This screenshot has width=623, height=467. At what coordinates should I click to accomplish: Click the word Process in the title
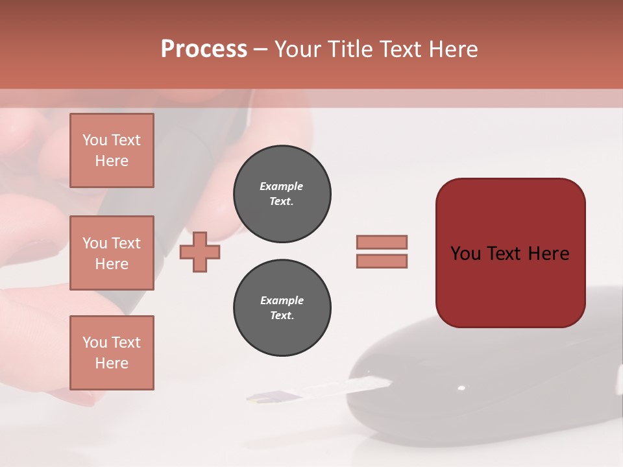tap(204, 49)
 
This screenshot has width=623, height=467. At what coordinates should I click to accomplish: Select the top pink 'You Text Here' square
tap(112, 150)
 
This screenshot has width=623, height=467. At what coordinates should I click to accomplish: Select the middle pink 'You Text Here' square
tap(112, 253)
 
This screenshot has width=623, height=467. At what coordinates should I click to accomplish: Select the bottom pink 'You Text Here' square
tap(112, 353)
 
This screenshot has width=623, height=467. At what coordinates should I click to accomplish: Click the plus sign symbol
tap(200, 251)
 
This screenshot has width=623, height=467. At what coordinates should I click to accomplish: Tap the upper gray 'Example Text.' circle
tap(282, 194)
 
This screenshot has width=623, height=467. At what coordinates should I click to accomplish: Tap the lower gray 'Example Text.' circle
tap(282, 308)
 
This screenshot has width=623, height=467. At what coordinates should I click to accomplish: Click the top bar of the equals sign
tap(382, 242)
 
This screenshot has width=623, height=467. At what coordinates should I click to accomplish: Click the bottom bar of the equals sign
tap(382, 261)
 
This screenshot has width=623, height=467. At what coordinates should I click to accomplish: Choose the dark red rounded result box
tap(510, 253)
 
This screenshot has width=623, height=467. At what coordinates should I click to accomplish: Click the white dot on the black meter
tap(461, 389)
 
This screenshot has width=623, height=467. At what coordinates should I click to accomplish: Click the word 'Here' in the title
tap(452, 49)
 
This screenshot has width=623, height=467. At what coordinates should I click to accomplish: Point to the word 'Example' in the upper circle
tap(282, 186)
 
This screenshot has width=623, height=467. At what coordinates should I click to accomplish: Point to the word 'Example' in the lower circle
tap(282, 300)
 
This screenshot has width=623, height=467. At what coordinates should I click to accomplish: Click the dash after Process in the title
tap(260, 50)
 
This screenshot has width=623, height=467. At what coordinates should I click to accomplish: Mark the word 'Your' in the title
tap(297, 49)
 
